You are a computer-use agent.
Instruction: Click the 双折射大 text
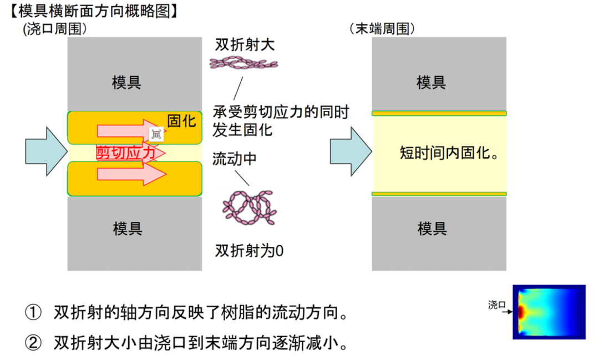pyautogui.click(x=245, y=45)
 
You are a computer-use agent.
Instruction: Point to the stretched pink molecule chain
pyautogui.click(x=243, y=64)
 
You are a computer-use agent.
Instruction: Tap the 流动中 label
pyautogui.click(x=235, y=159)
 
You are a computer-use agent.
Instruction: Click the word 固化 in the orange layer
pyautogui.click(x=181, y=121)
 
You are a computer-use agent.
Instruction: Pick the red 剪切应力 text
pyautogui.click(x=126, y=153)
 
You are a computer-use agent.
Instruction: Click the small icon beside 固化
pyautogui.click(x=156, y=133)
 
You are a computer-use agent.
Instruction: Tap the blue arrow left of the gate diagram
pyautogui.click(x=45, y=151)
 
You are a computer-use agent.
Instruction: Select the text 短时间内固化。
pyautogui.click(x=449, y=153)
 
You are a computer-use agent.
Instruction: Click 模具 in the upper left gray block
pyautogui.click(x=126, y=83)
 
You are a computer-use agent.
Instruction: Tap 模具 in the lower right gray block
pyautogui.click(x=432, y=228)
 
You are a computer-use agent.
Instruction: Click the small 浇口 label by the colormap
pyautogui.click(x=496, y=305)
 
